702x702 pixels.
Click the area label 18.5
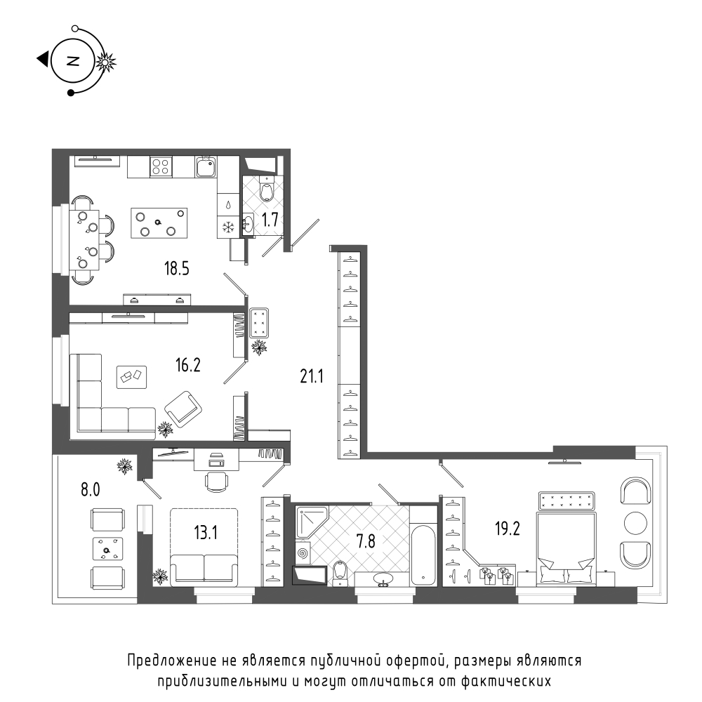pos(177,269)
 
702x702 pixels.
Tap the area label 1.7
pos(270,220)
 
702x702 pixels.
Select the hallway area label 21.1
pos(312,376)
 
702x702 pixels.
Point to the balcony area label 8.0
pos(91,490)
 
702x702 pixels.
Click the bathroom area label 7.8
pos(365,541)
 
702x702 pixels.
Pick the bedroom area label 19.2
pos(508,529)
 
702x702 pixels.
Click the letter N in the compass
pos(72,61)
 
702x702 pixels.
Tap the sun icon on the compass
pos(106,62)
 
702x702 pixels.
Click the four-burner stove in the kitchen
pos(161,166)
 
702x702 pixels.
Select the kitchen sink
pos(206,166)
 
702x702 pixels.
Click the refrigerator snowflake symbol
pos(229,227)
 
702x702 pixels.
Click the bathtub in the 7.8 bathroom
pos(423,555)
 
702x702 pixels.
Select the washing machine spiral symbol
pos(303,552)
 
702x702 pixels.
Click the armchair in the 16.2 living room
pos(183,409)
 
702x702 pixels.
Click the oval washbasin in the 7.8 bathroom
pos(384,579)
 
